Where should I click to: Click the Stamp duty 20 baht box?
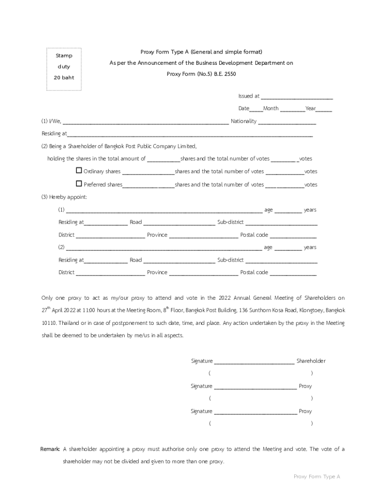[64, 69]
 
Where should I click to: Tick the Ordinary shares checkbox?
[79, 171]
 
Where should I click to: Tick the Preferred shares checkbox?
[79, 184]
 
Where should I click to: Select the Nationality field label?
[243, 121]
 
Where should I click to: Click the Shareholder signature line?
[254, 362]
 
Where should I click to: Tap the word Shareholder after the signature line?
[311, 361]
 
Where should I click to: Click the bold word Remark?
[50, 449]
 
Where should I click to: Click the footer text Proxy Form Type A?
[317, 477]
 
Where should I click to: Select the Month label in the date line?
[271, 109]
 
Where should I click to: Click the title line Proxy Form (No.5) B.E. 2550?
[201, 74]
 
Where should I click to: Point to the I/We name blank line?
[145, 122]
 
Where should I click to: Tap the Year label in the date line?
[310, 109]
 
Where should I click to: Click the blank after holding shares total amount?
[163, 159]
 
